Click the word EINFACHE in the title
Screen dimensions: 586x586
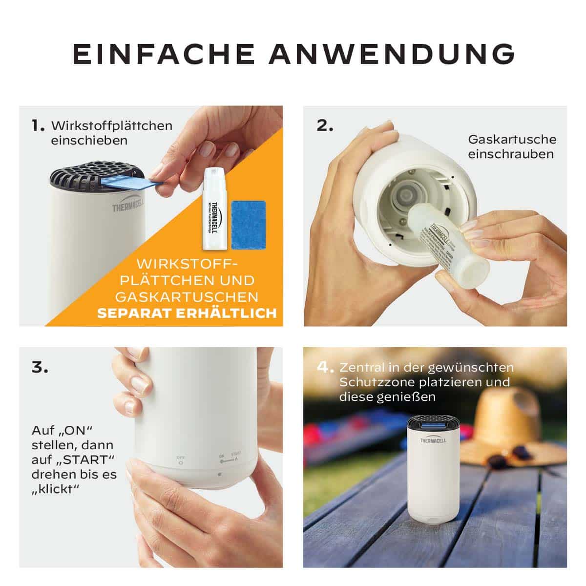point(164,54)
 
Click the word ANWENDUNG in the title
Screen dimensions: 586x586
point(392,54)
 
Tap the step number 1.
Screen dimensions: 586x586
point(38,126)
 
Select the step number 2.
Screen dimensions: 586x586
point(325,126)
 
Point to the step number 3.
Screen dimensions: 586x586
point(40,367)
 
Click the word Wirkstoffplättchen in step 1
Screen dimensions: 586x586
point(112,126)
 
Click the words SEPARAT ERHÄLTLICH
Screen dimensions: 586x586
point(187,313)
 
